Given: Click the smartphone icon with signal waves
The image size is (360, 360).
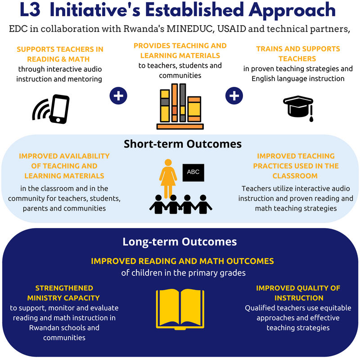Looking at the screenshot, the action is (52, 109).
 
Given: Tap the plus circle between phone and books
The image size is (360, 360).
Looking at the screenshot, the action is (118, 96).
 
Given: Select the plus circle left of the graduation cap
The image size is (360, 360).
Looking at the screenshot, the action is (234, 96).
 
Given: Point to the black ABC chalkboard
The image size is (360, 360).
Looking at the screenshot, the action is (193, 173).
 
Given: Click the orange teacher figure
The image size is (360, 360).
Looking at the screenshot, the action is (168, 178).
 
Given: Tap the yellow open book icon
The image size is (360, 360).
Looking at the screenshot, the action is (180, 309).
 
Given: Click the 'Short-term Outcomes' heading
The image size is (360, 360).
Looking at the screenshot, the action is (183, 144).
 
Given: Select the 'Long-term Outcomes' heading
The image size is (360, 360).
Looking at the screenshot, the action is (180, 242).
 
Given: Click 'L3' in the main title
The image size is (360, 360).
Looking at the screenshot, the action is (30, 10).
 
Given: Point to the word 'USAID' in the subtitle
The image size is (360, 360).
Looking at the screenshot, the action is (231, 29).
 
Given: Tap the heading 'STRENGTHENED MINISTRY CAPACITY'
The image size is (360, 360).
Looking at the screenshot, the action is (63, 293).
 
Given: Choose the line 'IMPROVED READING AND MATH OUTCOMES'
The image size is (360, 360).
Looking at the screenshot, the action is (183, 261).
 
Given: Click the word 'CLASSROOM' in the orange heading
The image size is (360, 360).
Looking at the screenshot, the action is (295, 176).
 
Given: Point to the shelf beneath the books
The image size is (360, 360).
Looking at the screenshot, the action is (180, 126).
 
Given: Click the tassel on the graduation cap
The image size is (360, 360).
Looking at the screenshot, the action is (311, 114).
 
